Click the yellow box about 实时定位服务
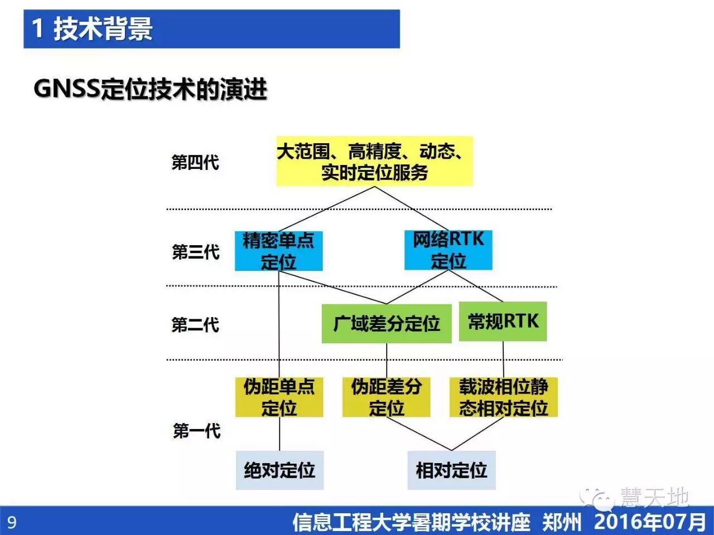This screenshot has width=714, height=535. coord(374,162)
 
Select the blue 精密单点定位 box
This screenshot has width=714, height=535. coord(278,251)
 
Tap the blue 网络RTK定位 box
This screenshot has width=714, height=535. coord(448,250)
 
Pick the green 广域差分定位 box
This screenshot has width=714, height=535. coord(386,323)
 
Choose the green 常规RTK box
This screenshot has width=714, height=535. coord(503,321)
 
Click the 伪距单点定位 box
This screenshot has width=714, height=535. coord(279,397)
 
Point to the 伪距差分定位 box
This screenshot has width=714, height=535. coord(386,397)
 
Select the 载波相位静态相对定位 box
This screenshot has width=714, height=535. coord(503,397)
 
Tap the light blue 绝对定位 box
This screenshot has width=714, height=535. coord(279,470)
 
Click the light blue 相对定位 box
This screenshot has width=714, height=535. coord(451,470)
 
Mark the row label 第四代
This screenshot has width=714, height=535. coord(195,163)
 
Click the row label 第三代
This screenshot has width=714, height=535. coord(195,252)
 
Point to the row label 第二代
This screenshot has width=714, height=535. coord(195,324)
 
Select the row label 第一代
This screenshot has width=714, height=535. coord(196,431)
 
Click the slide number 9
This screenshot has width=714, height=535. coord(12,522)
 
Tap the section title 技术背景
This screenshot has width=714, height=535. coord(103,28)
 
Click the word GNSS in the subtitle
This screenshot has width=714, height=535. coord(66,89)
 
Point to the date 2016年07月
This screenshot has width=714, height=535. coord(650,522)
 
